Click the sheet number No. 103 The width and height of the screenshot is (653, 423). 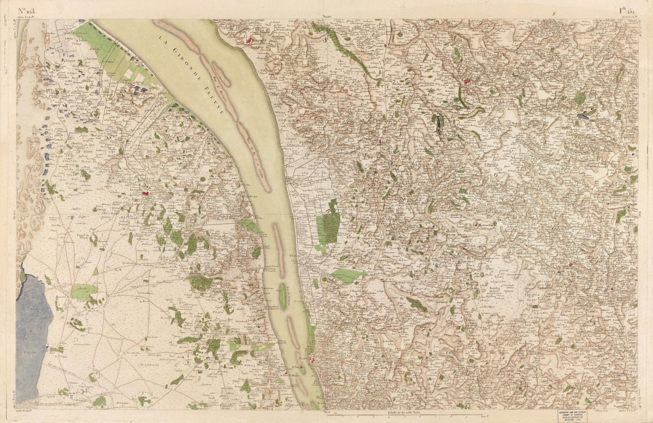coord(26,11)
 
